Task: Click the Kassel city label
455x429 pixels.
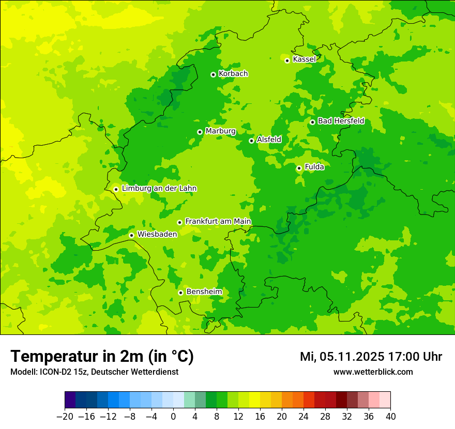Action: (304, 59)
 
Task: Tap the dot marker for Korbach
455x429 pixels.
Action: (213, 74)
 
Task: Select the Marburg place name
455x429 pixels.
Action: (220, 131)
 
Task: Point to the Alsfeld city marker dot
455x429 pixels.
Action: (251, 141)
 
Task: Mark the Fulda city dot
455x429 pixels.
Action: (299, 168)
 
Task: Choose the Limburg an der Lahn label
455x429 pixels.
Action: (159, 189)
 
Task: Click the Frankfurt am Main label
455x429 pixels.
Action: (218, 222)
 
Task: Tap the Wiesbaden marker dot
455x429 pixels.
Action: (131, 235)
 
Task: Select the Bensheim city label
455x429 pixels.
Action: (204, 292)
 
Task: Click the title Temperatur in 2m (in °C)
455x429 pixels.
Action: (102, 356)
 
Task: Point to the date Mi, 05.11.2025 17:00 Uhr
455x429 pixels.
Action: (371, 357)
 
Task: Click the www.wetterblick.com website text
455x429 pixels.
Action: (373, 372)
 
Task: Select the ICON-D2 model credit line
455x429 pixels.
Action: (94, 372)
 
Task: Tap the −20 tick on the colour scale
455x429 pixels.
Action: (65, 416)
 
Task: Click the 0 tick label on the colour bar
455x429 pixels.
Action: (173, 416)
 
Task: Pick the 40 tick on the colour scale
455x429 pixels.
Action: (390, 416)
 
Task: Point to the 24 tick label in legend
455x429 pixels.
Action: (304, 416)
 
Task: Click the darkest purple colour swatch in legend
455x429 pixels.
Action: (70, 400)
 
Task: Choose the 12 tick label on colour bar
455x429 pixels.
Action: (238, 416)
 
